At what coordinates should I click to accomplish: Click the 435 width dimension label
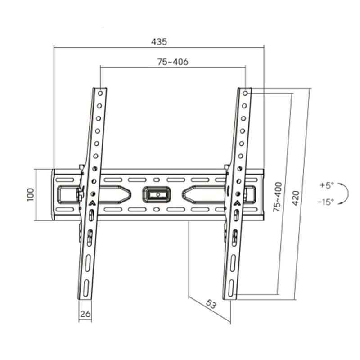pos(159,42)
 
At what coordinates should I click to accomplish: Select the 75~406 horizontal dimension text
pos(173,62)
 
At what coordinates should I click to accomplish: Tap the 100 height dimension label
pos(31,195)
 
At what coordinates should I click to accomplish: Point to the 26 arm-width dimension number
pos(85,314)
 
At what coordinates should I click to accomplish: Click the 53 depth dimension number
pos(211,304)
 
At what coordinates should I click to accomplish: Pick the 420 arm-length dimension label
pos(296,198)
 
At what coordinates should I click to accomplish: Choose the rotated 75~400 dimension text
pos(277,197)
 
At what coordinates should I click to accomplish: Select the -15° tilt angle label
pos(326,202)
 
